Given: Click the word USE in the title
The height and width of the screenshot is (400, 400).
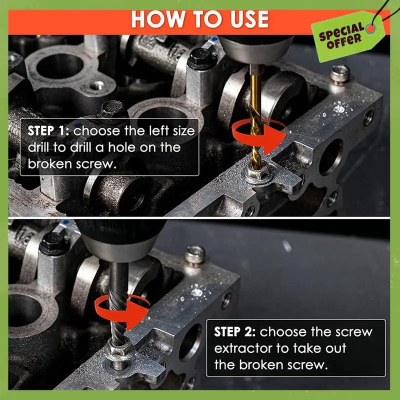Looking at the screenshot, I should pos(246,19).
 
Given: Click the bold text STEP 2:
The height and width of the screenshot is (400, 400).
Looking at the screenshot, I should pos(235,332).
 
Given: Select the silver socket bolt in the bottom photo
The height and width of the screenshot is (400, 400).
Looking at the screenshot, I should pos(194,255).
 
